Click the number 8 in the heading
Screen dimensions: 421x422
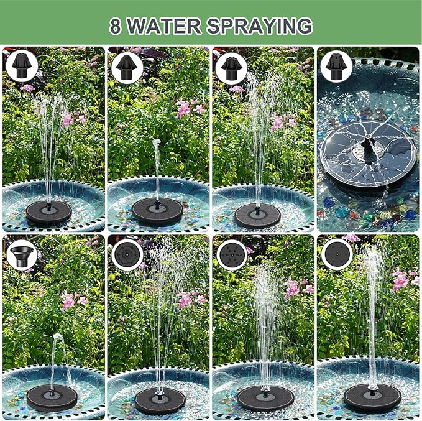pos(115,27)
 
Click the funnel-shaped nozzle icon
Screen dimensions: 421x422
pos(22,254)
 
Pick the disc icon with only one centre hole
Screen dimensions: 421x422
pos(337,254)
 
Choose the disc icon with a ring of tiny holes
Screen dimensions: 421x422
pos(127,254)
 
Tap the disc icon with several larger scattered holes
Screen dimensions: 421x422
pos(231,254)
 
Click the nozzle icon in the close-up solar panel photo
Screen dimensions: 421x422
pos(337,66)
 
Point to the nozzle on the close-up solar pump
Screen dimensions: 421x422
pos(369,150)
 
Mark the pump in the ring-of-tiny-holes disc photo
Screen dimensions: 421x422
pos(160,400)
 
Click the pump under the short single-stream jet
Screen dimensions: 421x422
pos(157,211)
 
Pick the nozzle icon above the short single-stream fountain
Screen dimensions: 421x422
pos(127,66)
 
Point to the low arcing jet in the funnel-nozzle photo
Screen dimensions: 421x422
pos(55,348)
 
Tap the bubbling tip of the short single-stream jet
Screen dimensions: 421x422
pos(157,144)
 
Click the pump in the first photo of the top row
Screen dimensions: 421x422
pos(48,212)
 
